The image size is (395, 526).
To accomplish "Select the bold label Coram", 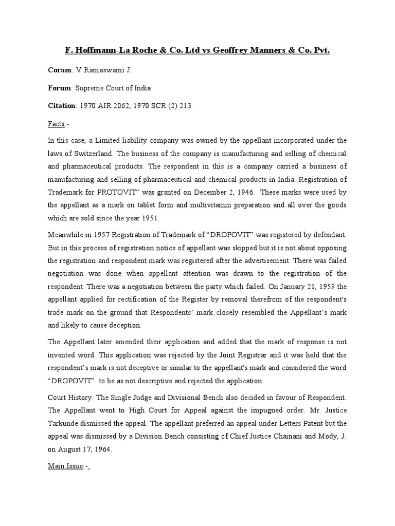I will [60, 70].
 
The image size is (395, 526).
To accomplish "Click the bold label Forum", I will [61, 88].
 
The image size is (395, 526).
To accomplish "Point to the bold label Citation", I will [62, 106].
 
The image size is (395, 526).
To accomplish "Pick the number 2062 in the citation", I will [124, 106].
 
